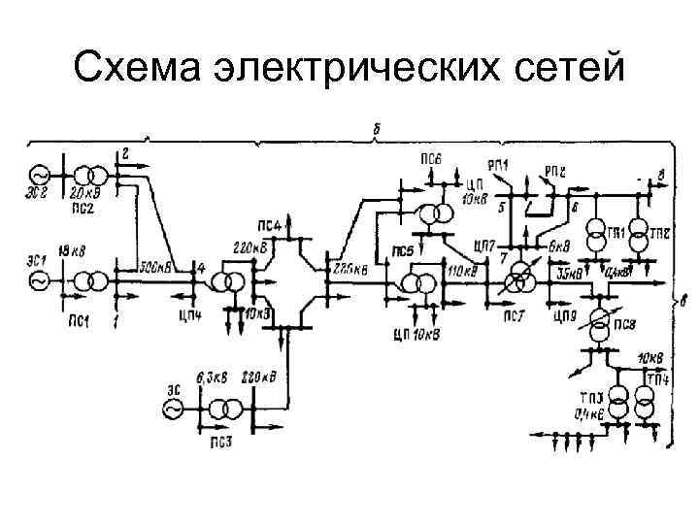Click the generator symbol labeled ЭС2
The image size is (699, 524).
[x=40, y=176]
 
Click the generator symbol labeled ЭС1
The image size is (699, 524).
[x=40, y=280]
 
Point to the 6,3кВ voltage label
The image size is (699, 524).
[x=213, y=377]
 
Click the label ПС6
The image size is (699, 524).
[x=432, y=158]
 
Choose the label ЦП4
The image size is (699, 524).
[x=191, y=313]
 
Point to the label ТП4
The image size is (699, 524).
[x=658, y=377]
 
